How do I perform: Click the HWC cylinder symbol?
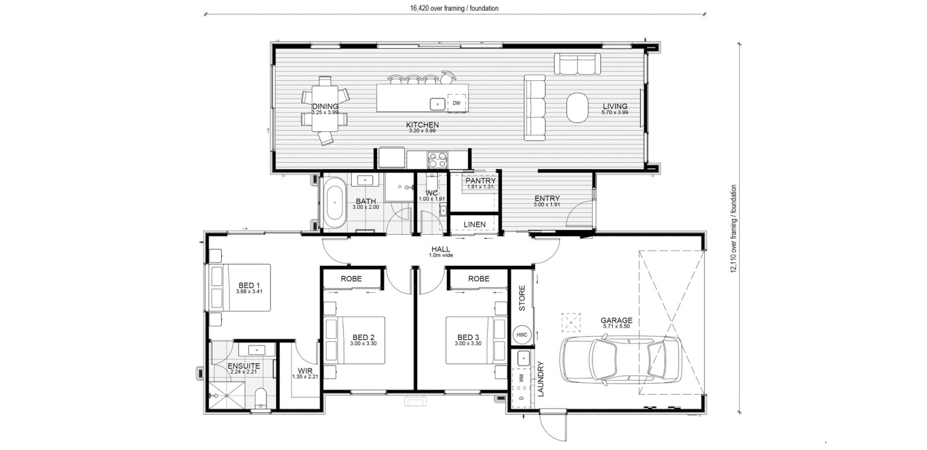(522, 335)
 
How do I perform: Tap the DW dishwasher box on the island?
(456, 103)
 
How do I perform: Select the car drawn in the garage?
(621, 359)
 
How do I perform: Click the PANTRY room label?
(480, 181)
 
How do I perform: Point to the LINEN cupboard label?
(474, 224)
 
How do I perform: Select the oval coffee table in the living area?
(577, 108)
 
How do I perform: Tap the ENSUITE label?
(244, 366)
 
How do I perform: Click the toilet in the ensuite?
(260, 399)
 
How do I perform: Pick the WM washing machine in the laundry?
(521, 377)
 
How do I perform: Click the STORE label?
(522, 298)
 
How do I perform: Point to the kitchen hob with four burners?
(437, 160)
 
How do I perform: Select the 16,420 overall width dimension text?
(454, 8)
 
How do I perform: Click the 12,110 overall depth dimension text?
(734, 228)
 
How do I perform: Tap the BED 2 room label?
(363, 338)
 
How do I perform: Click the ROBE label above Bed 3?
(479, 279)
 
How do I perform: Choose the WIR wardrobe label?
(305, 371)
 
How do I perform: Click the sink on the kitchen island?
(437, 104)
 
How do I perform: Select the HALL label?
(441, 249)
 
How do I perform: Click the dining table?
(325, 108)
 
